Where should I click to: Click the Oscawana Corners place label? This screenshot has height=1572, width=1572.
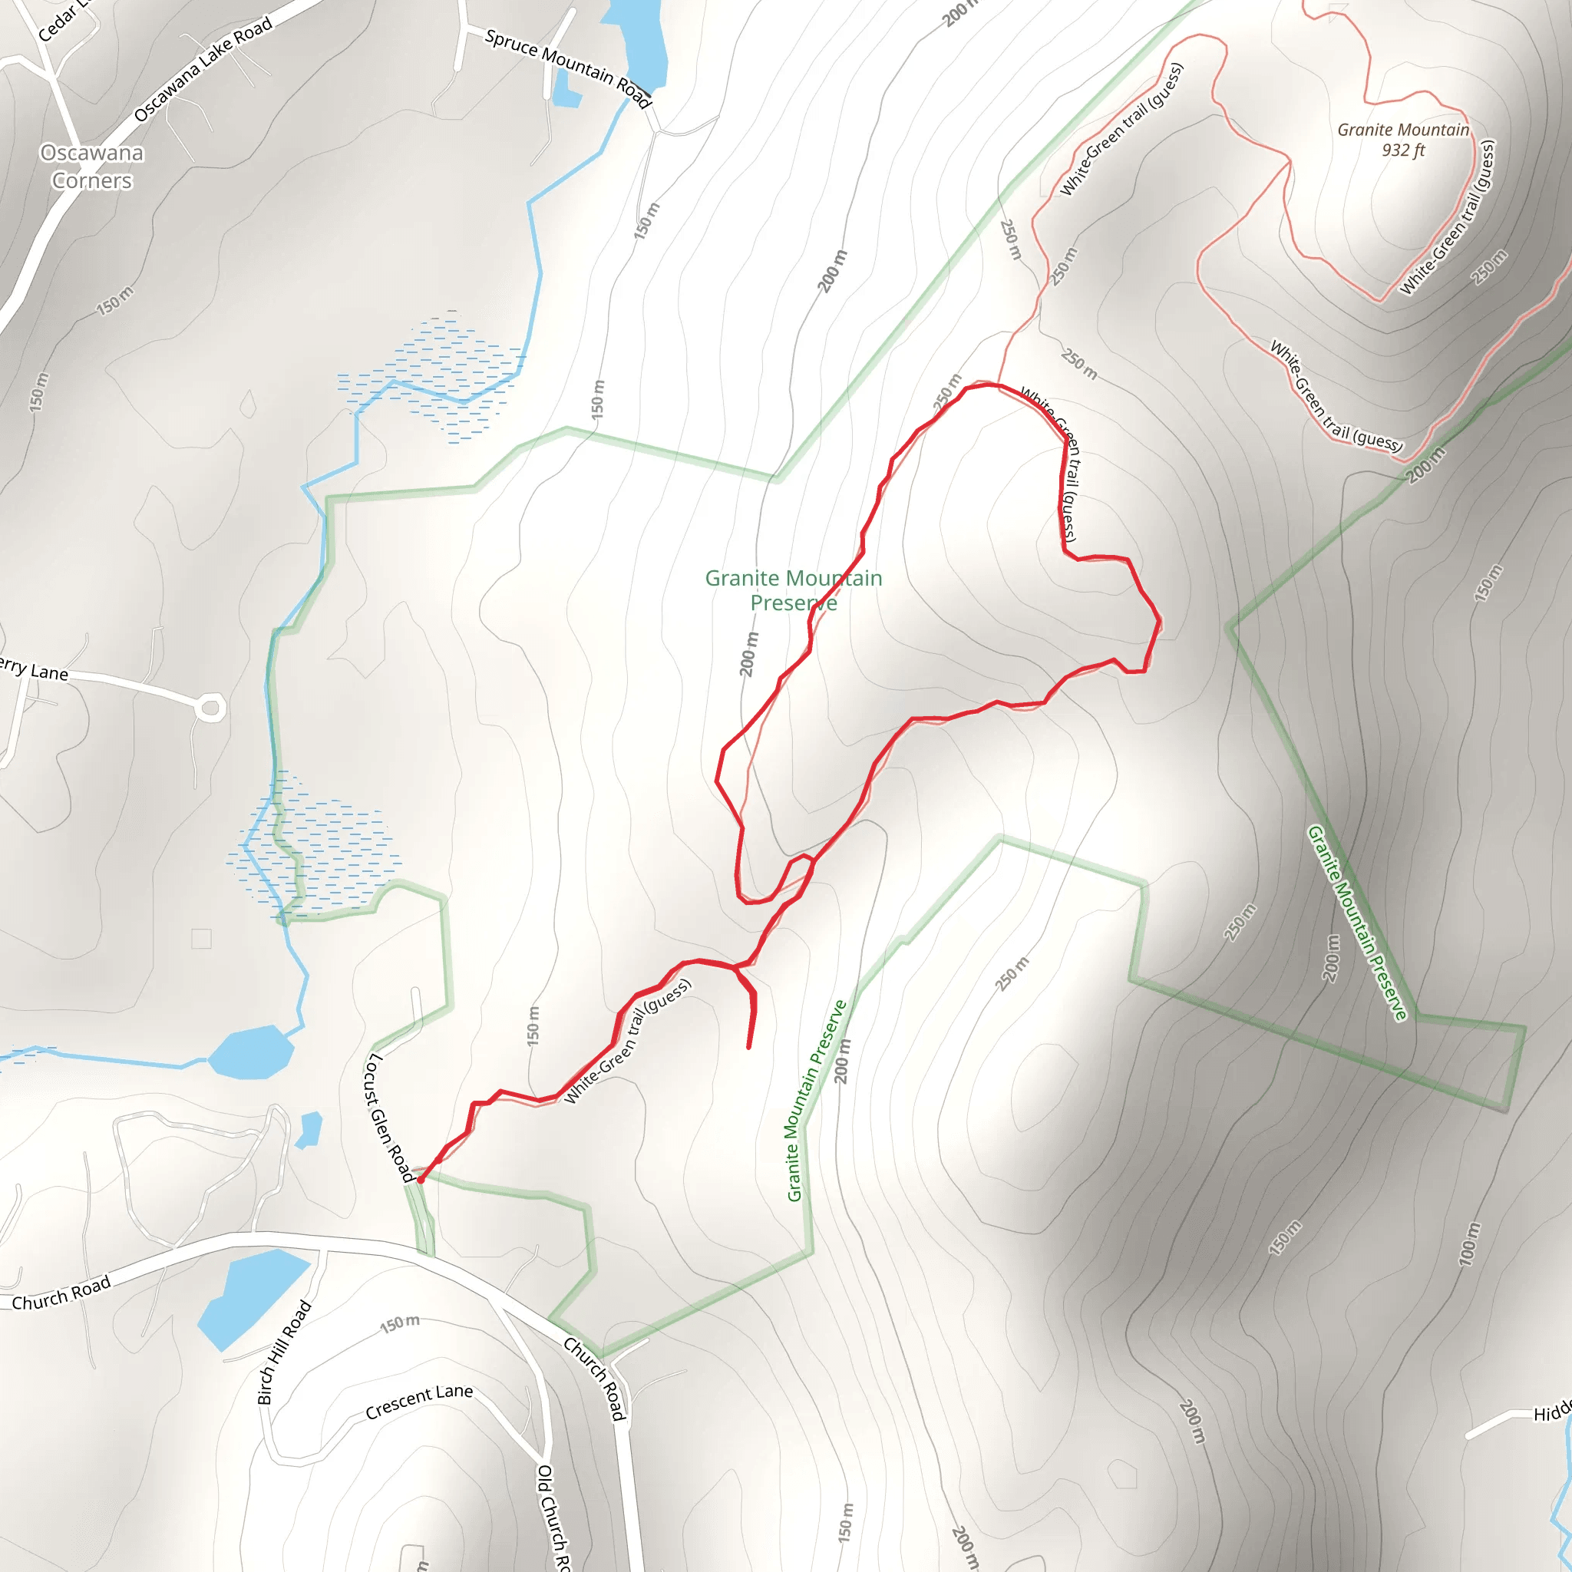[92, 167]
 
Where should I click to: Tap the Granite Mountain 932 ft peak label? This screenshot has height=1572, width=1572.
[1403, 140]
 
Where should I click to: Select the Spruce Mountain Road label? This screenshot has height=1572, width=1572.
[568, 68]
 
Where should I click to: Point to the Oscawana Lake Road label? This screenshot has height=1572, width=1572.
[203, 69]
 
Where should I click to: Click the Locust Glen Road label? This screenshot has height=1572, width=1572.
[388, 1116]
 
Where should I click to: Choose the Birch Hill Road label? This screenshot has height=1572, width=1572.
[284, 1352]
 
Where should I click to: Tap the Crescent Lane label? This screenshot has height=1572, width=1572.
[418, 1400]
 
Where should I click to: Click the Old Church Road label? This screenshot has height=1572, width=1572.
[553, 1518]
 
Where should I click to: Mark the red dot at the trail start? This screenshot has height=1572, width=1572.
[421, 1179]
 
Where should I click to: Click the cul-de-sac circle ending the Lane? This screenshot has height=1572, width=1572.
[211, 708]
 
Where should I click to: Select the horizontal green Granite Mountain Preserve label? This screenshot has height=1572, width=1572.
[794, 590]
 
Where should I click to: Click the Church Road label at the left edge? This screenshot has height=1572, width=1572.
[61, 1293]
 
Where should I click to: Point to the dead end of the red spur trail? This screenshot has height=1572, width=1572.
[748, 1048]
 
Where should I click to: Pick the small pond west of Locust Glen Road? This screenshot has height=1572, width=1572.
[309, 1130]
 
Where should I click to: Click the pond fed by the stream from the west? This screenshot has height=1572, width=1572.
[249, 1052]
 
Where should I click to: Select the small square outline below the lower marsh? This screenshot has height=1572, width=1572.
[201, 938]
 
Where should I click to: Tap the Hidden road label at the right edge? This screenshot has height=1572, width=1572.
[1553, 1413]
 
